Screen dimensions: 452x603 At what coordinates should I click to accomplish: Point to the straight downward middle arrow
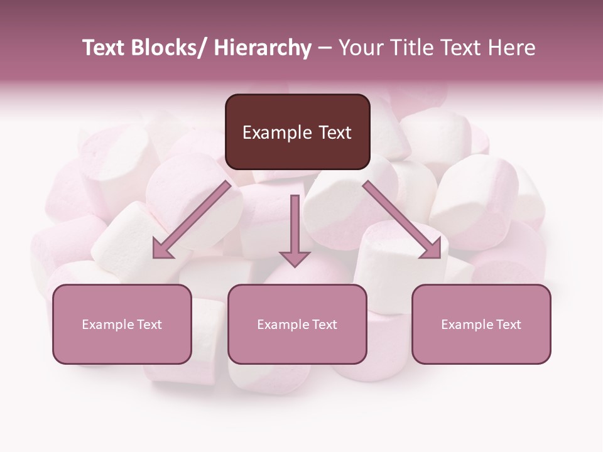pos(295,226)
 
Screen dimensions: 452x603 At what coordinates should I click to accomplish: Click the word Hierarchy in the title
pos(263,48)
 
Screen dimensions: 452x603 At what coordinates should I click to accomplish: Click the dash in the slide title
pos(325,48)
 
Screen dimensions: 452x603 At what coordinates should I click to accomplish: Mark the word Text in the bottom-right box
pos(508,325)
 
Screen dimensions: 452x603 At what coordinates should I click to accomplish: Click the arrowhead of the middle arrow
pos(295,257)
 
